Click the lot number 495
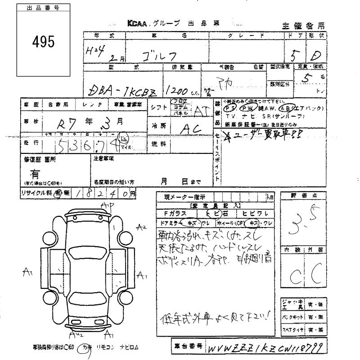[x=43, y=42]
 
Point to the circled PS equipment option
[x=231, y=108]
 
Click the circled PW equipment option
[x=247, y=108]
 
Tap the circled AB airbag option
[x=285, y=108]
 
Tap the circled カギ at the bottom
[x=85, y=347]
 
